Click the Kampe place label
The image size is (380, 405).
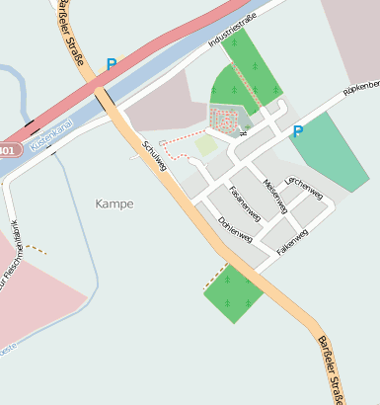coord(114,203)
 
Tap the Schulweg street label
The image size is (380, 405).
coord(155,154)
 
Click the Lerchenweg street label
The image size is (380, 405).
coord(303,187)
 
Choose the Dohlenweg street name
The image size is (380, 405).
coord(236,230)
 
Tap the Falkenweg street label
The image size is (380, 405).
coord(293,243)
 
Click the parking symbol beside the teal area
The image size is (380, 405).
coord(297,131)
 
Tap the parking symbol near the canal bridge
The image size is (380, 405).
coord(112,64)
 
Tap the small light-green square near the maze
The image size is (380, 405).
coord(205,146)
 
